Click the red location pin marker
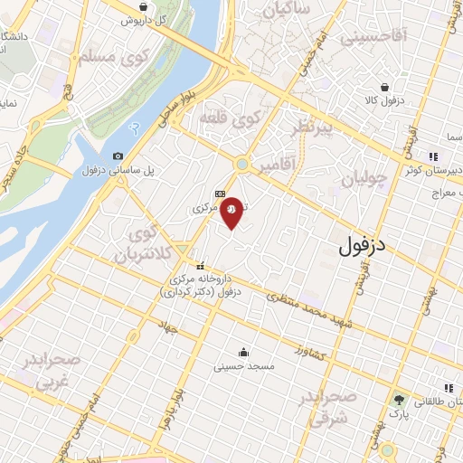pos(232,212)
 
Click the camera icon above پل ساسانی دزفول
pos(118,156)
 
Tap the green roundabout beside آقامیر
pos(241,164)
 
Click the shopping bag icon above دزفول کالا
pos(386,88)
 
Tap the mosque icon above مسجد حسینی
pos(243,352)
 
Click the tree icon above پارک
pos(399,399)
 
